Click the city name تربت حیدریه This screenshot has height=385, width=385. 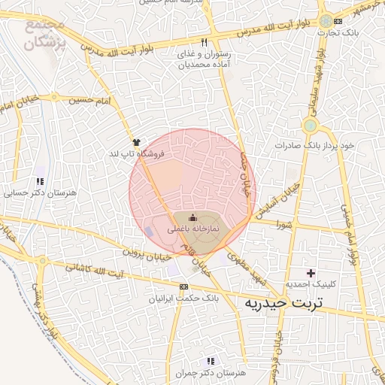pos(283,303)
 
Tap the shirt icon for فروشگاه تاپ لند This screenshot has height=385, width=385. pos(136,141)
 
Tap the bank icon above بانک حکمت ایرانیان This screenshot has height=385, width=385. pos(183,286)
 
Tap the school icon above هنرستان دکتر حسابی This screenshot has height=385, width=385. pos(39,181)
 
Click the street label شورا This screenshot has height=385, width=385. pos(283,224)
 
